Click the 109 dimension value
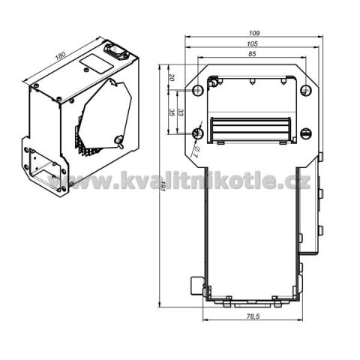coord(254,33)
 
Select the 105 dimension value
coord(252,44)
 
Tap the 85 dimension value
coord(253,54)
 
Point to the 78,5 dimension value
coord(253,316)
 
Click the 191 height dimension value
coord(163,186)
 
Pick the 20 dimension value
coord(171,78)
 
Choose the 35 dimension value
coord(172,112)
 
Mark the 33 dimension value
coord(181,112)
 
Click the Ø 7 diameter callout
coord(196,151)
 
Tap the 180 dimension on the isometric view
coord(60,55)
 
